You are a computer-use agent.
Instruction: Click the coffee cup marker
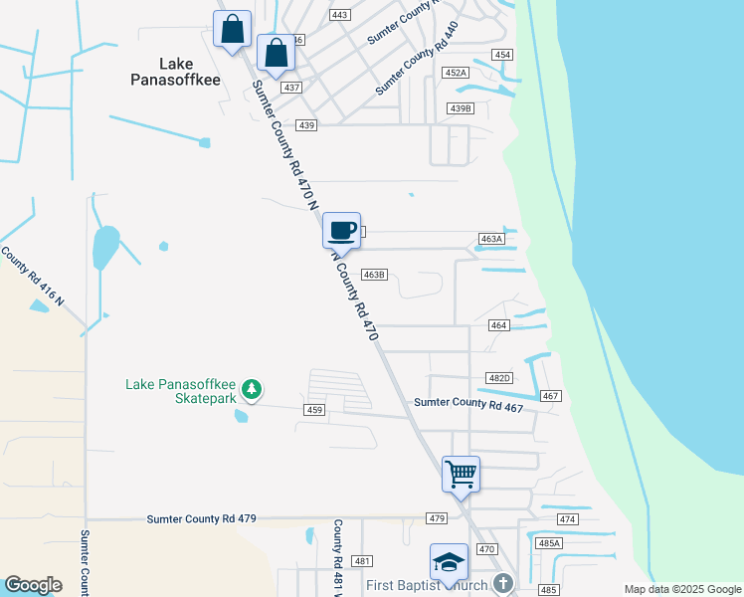(x=341, y=230)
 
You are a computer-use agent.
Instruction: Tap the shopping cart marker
(x=461, y=474)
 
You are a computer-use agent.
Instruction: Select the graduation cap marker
(x=449, y=562)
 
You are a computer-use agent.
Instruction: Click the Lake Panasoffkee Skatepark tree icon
(x=254, y=388)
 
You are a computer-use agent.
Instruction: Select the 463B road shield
(x=374, y=275)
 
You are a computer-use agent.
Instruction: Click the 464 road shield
(x=499, y=325)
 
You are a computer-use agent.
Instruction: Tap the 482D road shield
(x=498, y=378)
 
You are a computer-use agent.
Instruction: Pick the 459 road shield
(x=315, y=410)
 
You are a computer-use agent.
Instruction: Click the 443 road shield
(x=340, y=15)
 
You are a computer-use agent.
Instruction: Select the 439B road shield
(x=461, y=108)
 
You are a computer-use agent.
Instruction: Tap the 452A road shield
(x=456, y=73)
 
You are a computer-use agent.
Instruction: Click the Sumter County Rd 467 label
(x=468, y=403)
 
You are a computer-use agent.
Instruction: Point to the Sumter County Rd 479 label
(x=202, y=518)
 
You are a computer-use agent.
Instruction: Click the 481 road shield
(x=361, y=561)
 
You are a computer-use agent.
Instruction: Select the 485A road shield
(x=550, y=543)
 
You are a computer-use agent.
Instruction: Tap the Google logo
(x=32, y=585)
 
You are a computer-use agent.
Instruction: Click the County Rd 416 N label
(x=33, y=277)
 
